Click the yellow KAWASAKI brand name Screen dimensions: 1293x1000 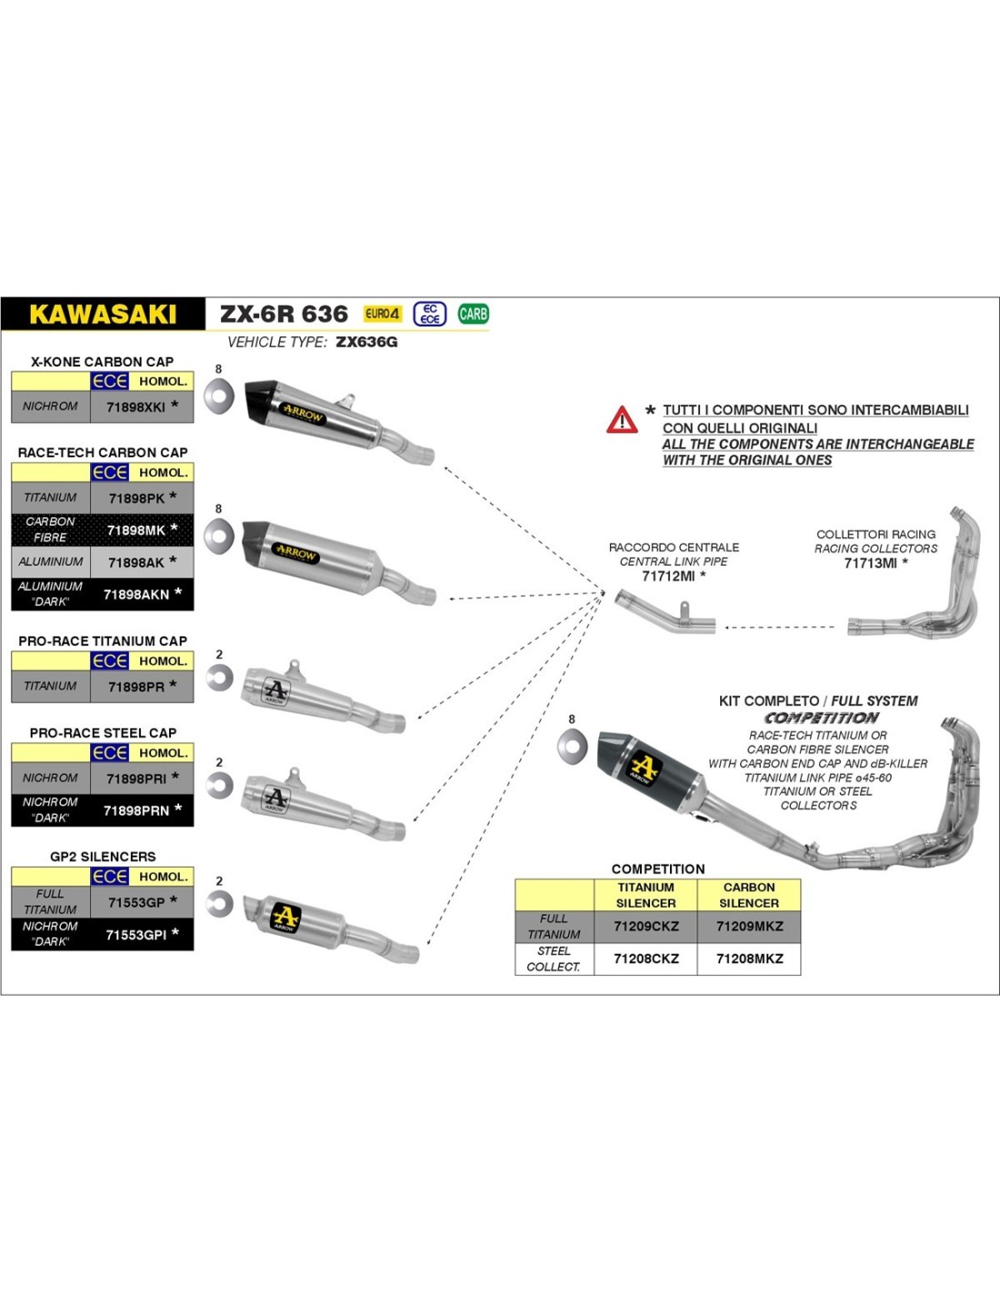[x=103, y=315]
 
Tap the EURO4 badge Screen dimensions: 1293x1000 [x=382, y=314]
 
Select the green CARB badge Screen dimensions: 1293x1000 [x=473, y=314]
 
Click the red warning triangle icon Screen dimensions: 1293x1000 [x=622, y=420]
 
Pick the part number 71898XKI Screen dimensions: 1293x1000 [x=135, y=407]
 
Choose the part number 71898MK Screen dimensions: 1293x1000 [x=136, y=530]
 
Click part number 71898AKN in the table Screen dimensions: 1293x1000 [x=136, y=595]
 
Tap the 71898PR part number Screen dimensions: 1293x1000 [x=136, y=687]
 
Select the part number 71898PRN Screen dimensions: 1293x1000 [x=136, y=810]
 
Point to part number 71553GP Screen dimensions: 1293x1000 [x=136, y=902]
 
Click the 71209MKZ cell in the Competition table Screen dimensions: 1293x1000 [x=749, y=927]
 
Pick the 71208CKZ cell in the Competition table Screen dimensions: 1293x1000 [x=645, y=958]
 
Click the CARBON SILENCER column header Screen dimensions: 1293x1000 [x=749, y=895]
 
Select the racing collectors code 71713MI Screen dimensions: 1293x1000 [x=871, y=563]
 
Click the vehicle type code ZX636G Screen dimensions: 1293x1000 [x=366, y=342]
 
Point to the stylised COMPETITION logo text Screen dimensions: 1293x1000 [x=821, y=717]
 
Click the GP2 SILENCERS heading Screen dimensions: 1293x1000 [x=103, y=857]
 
